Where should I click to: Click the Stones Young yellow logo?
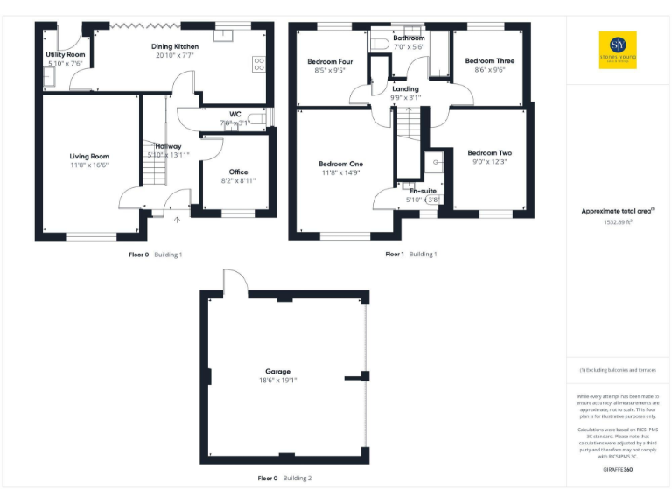click(618, 50)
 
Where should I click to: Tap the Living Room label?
click(89, 156)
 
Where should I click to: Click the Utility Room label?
click(66, 54)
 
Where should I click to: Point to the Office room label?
click(238, 171)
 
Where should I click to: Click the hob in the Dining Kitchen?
click(259, 63)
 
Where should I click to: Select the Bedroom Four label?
click(330, 61)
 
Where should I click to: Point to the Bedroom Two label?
click(489, 152)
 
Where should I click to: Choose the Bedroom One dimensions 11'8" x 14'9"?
click(340, 173)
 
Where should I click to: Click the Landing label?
click(405, 88)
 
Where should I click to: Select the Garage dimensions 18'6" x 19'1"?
click(278, 381)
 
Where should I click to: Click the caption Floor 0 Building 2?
click(284, 479)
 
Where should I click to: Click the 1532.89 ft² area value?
click(618, 222)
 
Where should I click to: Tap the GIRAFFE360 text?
click(618, 470)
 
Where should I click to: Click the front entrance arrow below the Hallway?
click(177, 220)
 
